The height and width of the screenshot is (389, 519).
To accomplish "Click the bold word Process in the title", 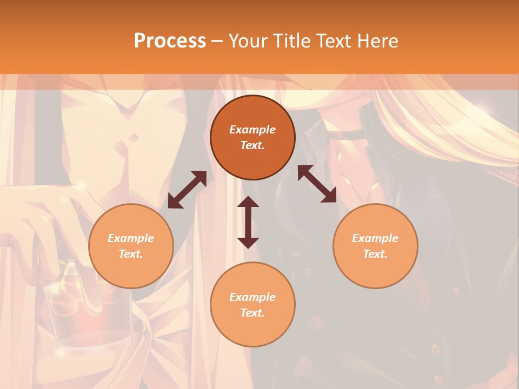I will [170, 41].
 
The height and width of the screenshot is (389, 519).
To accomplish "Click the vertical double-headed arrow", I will [248, 222].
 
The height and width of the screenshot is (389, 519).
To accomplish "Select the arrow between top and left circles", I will [187, 190].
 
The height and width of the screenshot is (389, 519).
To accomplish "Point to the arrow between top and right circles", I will [317, 184].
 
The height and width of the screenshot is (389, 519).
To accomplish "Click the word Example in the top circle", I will [252, 130].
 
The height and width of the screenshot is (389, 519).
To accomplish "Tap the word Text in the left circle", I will [131, 254].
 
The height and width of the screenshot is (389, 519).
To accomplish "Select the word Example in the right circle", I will [375, 238].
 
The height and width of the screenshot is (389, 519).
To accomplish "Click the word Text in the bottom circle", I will [252, 313].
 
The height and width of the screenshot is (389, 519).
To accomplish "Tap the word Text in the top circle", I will [252, 146].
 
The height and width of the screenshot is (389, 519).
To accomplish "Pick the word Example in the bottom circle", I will [252, 297].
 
